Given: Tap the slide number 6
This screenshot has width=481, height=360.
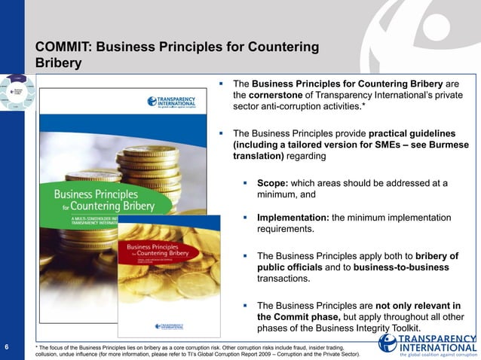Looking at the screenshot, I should pos(7,347).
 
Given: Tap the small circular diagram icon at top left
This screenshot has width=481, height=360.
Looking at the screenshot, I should pos(16,94).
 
